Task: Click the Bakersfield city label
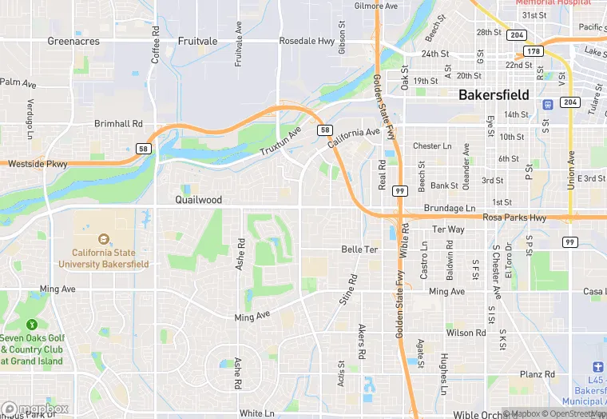[x=494, y=94]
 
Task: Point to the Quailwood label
[x=198, y=199]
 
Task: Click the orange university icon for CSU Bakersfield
[x=102, y=238]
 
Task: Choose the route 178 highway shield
[x=535, y=51]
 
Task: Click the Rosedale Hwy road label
[x=307, y=41]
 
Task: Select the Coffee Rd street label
[x=156, y=47]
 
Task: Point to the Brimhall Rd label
[x=118, y=124]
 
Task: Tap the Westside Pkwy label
[x=38, y=164]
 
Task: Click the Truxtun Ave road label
[x=282, y=142]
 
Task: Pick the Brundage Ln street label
[x=449, y=207]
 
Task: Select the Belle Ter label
[x=359, y=249]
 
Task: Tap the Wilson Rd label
[x=466, y=333]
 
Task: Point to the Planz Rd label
[x=537, y=374]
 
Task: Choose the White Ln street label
[x=256, y=413]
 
